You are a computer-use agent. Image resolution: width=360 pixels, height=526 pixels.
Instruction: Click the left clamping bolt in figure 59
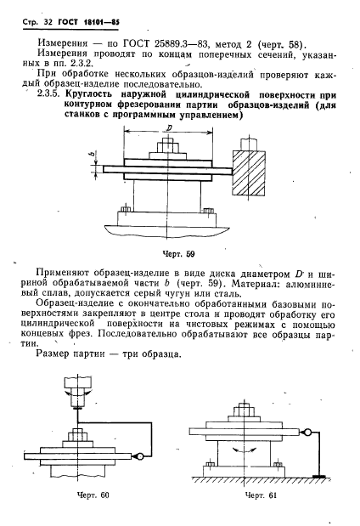[x=127, y=208]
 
